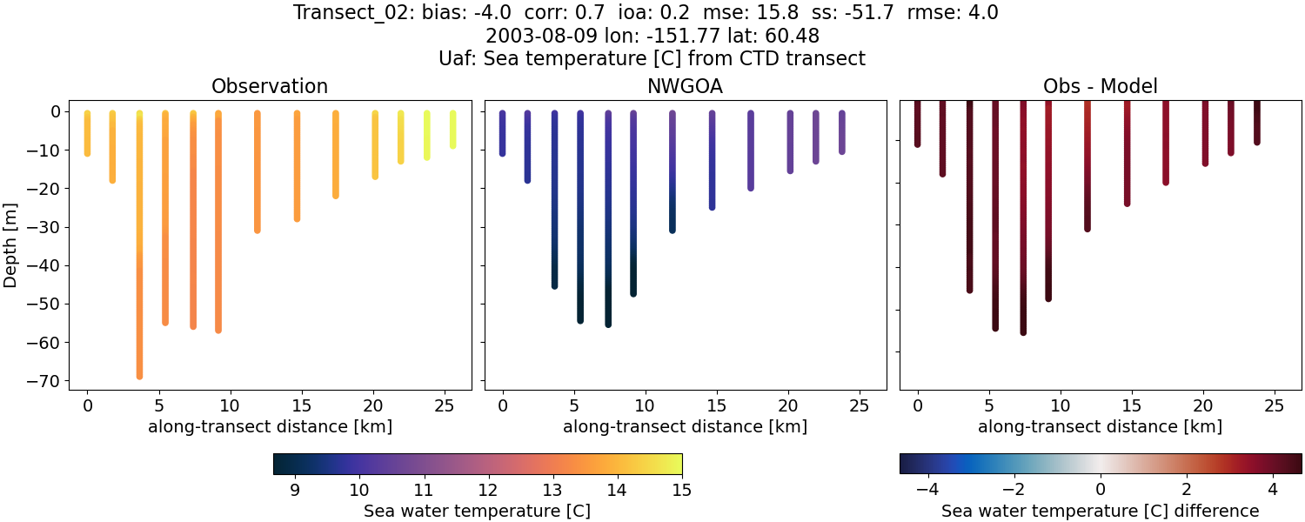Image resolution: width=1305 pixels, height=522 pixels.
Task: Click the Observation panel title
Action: [x=270, y=87]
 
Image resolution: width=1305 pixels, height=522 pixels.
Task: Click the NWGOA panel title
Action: [x=685, y=87]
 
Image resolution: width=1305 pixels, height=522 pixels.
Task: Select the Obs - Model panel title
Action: [x=1100, y=87]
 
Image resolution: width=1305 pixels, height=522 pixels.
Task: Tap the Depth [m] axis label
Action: [x=11, y=245]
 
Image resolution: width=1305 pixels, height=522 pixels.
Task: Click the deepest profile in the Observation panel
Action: [x=139, y=261]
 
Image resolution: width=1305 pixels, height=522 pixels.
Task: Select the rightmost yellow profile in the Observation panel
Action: [x=452, y=129]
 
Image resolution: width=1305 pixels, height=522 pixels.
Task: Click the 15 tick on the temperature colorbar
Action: [x=681, y=490]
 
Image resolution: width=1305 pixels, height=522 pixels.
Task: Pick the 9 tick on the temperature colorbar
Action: [x=294, y=490]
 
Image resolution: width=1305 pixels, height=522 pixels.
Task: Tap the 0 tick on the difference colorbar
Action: [x=1100, y=490]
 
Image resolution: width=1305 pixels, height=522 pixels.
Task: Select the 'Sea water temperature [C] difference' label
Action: [x=1100, y=511]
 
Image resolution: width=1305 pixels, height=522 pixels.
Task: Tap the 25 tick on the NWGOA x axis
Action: [x=859, y=405]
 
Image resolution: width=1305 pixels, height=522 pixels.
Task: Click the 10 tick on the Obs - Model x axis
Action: [x=1060, y=405]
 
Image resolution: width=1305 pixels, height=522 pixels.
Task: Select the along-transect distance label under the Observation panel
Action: [x=270, y=426]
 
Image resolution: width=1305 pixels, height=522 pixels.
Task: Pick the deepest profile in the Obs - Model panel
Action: [x=1023, y=217]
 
